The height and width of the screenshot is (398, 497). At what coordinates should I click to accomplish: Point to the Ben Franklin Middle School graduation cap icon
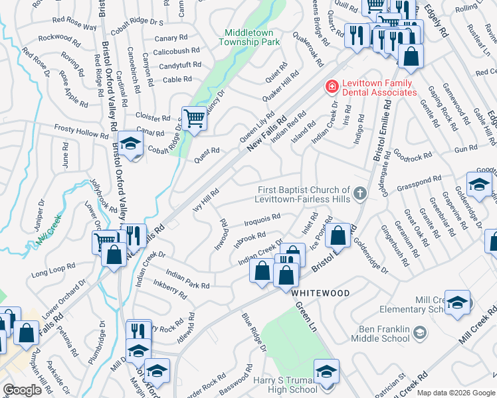419,331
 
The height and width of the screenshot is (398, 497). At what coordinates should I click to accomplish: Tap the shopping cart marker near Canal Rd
194,119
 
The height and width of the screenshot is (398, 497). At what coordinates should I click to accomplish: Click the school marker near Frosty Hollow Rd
131,144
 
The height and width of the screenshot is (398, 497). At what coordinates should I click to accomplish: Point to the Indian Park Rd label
188,280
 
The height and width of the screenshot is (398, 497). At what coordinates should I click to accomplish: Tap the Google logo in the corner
22,390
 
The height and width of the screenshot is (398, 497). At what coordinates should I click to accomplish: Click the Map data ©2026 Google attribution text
456,393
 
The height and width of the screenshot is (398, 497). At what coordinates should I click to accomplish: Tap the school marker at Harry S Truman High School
326,373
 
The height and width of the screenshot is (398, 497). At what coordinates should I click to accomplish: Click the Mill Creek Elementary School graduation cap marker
458,303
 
